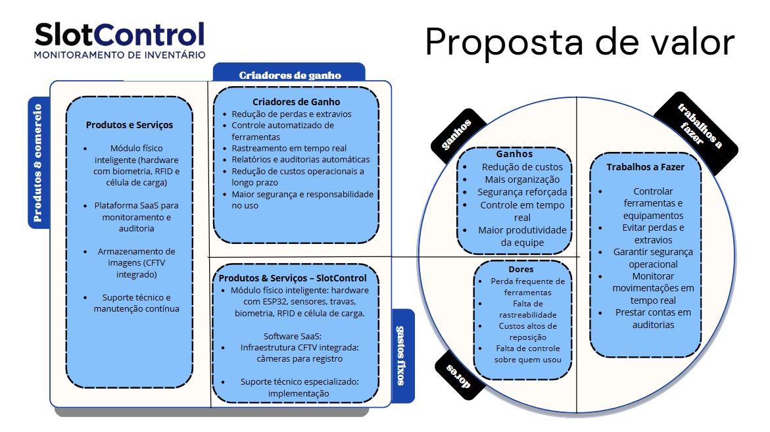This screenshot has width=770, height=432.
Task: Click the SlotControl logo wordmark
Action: (119, 34)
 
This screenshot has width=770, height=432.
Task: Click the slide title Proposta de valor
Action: (579, 42)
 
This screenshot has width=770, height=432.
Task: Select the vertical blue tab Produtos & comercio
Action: (38, 162)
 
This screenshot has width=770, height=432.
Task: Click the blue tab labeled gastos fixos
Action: (402, 356)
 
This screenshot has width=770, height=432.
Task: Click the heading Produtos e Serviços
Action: (130, 124)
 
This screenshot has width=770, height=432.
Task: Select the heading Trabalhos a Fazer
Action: (645, 167)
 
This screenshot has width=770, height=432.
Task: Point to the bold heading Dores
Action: (521, 269)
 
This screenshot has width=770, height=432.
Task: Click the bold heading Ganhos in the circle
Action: (514, 154)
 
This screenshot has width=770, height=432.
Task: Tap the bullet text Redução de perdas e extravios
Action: (291, 114)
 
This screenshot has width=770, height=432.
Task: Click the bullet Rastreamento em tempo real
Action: (289, 148)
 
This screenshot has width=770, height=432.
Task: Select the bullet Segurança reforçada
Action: (522, 192)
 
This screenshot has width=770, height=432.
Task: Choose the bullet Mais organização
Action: (522, 179)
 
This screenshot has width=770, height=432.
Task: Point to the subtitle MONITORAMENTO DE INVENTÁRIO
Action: (119, 55)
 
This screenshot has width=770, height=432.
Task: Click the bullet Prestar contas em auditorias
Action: (644, 318)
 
